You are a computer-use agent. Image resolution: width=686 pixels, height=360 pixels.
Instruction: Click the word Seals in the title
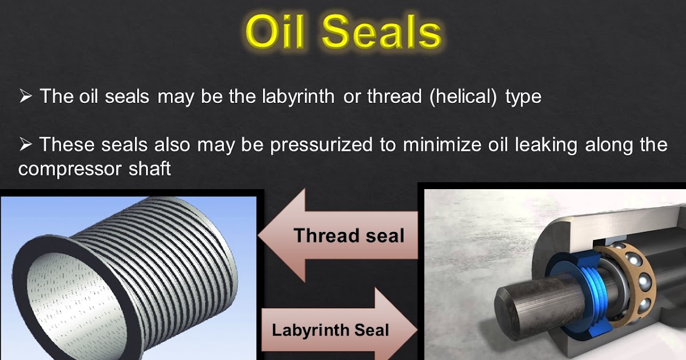(382, 33)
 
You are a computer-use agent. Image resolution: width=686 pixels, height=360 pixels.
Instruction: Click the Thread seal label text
(349, 235)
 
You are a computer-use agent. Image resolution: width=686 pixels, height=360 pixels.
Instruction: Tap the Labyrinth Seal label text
(330, 330)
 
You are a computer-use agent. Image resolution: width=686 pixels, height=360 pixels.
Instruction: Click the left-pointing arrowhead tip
(261, 235)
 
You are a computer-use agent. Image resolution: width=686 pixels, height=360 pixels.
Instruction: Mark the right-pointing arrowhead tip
(416, 330)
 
